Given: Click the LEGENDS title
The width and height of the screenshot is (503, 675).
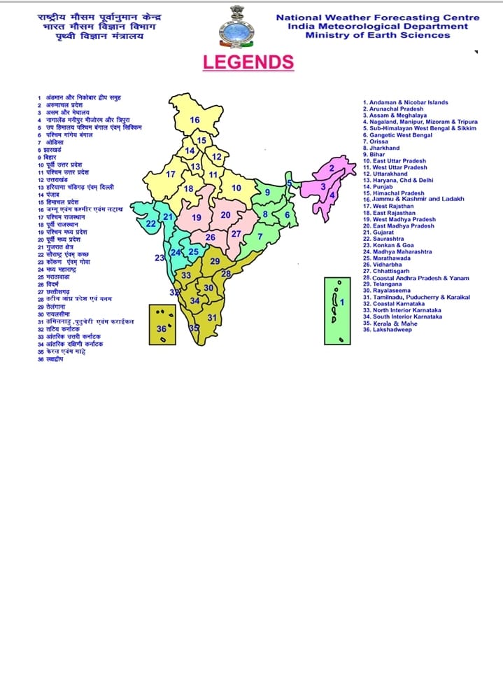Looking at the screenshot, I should point(248,62).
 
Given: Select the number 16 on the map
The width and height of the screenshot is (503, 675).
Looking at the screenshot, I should point(195,120).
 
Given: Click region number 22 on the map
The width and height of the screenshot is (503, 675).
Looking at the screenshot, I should point(151,224).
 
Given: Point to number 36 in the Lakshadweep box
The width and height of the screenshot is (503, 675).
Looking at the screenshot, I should point(162,328).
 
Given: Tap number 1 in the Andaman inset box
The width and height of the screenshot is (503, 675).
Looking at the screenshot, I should point(342,302).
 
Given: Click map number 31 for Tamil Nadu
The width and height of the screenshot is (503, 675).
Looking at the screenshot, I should point(212,317).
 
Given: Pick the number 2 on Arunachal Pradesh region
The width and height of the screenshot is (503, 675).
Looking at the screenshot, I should point(332,168).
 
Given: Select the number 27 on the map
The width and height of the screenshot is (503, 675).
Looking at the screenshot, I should point(236,233).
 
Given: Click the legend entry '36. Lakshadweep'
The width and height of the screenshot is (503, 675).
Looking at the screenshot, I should point(389,329).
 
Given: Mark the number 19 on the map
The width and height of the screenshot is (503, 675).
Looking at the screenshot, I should point(197,217).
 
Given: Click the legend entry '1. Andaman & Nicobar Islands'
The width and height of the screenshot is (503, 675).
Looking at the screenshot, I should point(405,103).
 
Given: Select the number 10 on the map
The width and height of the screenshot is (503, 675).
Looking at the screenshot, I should point(236,188).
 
